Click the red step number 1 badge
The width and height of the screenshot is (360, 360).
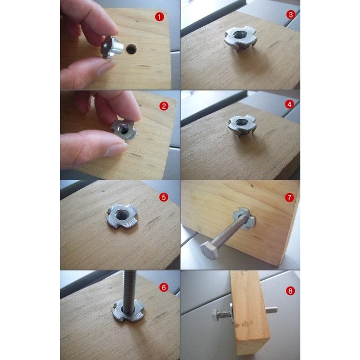159,17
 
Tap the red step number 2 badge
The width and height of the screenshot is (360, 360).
164,106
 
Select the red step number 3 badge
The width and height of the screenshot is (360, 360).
291,15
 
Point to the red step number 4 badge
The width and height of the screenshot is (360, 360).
289,104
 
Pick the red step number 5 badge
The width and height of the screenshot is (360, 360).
164,197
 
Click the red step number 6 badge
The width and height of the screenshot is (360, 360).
164,287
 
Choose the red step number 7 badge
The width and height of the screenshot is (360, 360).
289,197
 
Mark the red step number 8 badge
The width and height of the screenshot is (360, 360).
290,291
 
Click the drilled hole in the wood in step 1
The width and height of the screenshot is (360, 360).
131,49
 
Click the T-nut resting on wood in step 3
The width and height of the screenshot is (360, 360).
240,39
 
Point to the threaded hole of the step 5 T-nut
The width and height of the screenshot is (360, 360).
120,215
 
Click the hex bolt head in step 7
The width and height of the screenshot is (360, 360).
209,251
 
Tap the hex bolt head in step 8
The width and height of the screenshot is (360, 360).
216,315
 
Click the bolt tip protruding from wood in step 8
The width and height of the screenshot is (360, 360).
272,310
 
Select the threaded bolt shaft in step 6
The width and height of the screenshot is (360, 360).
129,291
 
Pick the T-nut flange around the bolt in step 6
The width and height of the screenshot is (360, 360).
128,311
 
